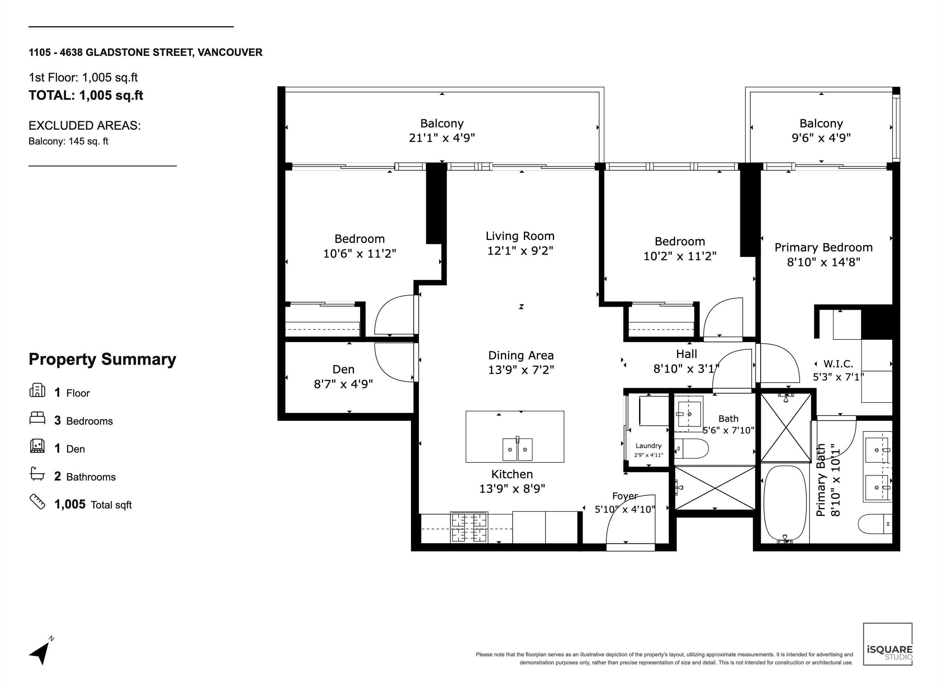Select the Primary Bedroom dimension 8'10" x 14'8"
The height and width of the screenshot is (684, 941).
pos(824,262)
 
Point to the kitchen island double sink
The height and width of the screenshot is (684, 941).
pos(517,449)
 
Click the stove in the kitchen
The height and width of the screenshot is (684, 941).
pos(469,527)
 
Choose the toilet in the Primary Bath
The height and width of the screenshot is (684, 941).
pos(875,524)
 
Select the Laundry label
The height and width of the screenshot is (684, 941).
pos(648,445)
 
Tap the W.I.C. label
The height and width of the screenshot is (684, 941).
pos(838,364)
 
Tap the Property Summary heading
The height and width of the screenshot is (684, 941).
pos(103,359)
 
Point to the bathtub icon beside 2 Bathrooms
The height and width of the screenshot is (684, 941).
pos(37,474)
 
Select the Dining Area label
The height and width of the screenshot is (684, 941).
pos(521,355)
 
